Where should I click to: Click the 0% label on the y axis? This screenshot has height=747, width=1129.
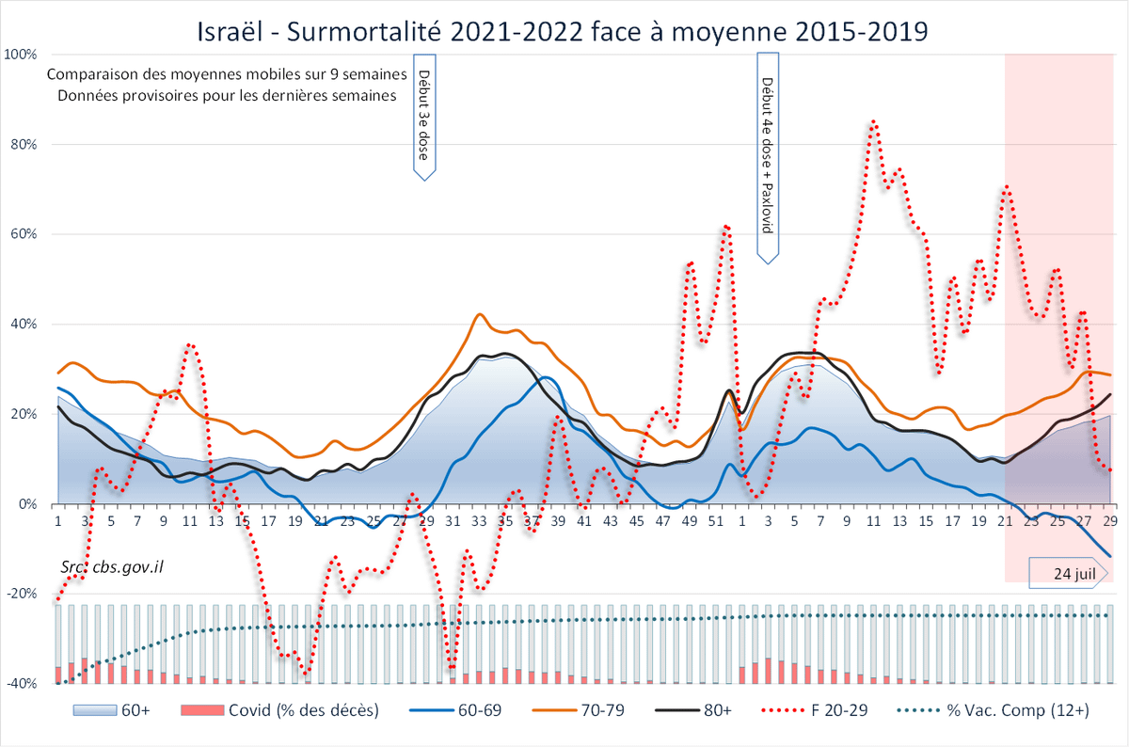28,504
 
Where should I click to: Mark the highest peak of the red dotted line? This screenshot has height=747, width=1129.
874,121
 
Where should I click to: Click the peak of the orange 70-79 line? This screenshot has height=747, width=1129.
480,314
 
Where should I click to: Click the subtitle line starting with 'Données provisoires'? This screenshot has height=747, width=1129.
226,95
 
